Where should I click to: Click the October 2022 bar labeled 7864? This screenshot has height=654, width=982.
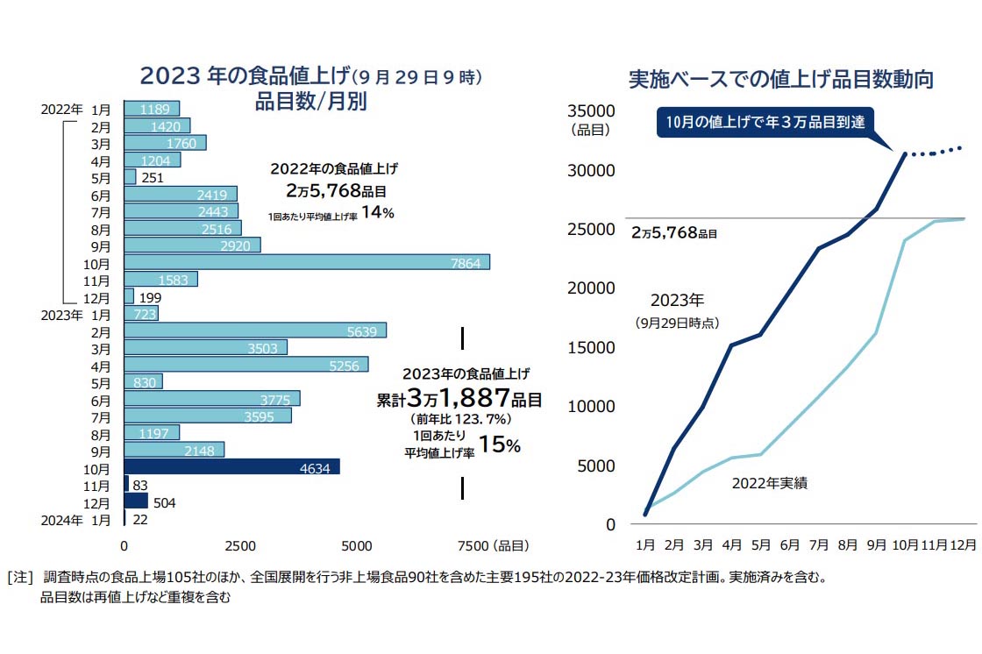tap(307, 262)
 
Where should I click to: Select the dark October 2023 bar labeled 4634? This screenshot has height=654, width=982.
tap(231, 467)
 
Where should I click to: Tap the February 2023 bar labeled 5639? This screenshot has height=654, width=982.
tap(255, 331)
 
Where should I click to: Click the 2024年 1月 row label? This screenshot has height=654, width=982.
tap(77, 520)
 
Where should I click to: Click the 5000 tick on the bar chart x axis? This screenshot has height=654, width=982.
tap(357, 546)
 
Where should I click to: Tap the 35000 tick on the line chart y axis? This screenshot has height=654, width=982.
tap(592, 110)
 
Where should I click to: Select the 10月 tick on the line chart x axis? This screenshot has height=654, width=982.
tap(905, 544)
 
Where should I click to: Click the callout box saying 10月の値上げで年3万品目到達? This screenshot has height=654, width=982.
tap(765, 122)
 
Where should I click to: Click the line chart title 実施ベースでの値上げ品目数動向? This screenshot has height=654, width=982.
tap(781, 79)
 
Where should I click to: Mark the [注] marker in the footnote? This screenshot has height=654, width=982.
tap(19, 579)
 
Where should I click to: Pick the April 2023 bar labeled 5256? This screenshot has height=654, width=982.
tap(246, 365)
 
